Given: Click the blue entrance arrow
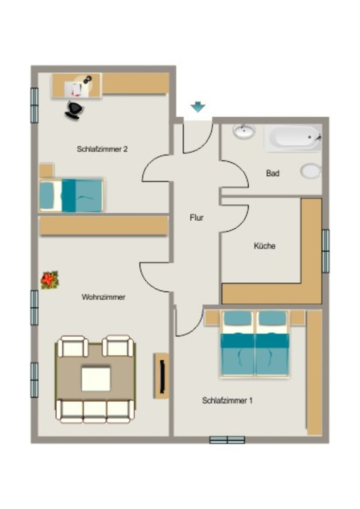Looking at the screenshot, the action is [x=198, y=107].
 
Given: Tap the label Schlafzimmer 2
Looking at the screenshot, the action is [x=102, y=149].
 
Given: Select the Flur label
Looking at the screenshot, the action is [x=197, y=218].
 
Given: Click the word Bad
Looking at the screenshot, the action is [x=272, y=173].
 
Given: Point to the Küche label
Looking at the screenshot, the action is [x=265, y=246].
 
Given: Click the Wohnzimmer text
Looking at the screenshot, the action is [x=103, y=297].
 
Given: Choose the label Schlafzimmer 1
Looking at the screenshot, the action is [x=227, y=400].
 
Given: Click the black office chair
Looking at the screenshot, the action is [x=75, y=110].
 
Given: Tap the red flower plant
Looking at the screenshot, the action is [x=50, y=280].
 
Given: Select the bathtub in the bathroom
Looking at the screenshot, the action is [x=293, y=139].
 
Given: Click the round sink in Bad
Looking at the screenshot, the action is [x=244, y=131].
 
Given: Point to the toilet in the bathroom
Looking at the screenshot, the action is [x=311, y=171].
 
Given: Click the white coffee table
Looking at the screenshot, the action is [x=96, y=379].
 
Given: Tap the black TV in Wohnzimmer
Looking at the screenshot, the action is [x=163, y=376].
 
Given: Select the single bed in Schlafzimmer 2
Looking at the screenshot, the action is [x=71, y=195].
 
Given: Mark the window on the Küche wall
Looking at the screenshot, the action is [x=326, y=251].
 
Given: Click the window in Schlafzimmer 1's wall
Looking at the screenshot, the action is [x=227, y=440].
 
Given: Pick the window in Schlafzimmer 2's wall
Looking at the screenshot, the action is [x=34, y=105].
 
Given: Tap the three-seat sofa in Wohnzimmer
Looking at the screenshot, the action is [x=95, y=411].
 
